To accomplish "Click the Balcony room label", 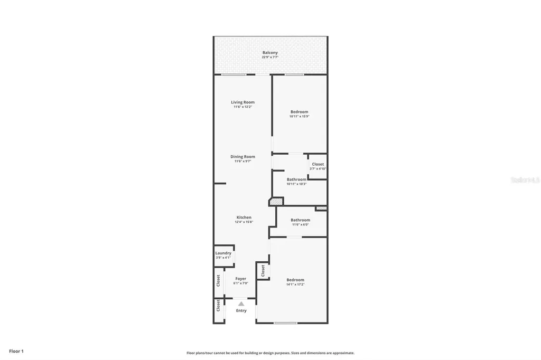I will click(270, 53).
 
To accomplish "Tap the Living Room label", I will click(242, 102).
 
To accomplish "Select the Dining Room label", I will click(242, 156).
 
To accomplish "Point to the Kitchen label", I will click(244, 217).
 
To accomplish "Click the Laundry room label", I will click(223, 253).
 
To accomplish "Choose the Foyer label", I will click(240, 279).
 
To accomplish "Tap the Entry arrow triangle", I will click(241, 304).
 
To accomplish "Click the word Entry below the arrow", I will click(241, 311).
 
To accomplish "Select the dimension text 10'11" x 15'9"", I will click(299, 117).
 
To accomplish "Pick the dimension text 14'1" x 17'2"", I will click(295, 285).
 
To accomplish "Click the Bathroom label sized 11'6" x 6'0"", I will click(300, 220).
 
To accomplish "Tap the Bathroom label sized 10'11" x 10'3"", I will click(296, 179).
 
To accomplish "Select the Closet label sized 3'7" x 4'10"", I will click(318, 164).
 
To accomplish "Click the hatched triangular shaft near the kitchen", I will click(276, 201).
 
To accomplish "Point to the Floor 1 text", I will click(16, 351).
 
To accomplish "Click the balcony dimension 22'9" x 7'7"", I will click(270, 58).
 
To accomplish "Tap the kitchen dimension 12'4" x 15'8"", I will click(244, 222).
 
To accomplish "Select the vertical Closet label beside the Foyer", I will click(218, 280).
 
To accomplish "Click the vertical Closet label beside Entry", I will click(218, 306).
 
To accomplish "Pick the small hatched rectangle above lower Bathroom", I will click(321, 209).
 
